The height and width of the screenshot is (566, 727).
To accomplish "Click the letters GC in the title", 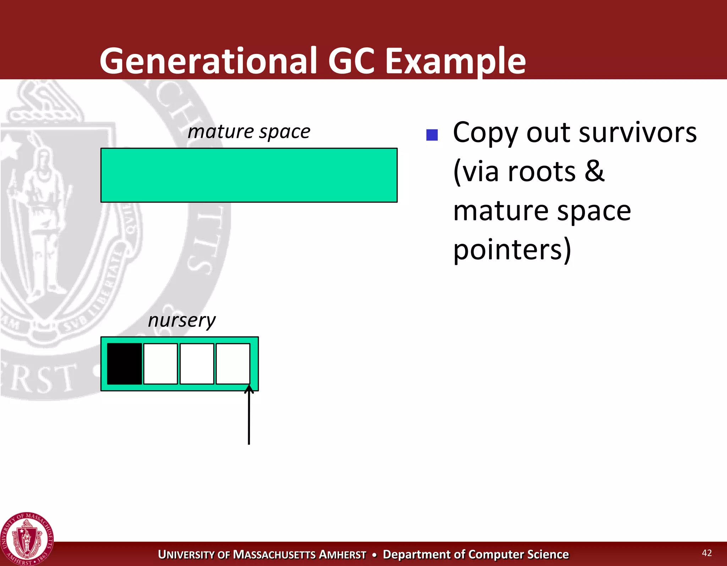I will coord(351,61).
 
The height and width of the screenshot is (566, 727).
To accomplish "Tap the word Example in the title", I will coord(455,61).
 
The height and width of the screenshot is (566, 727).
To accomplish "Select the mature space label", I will coord(249,132).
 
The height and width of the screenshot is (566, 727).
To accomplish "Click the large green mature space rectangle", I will coord(249,175).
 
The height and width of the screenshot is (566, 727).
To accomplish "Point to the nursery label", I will coord(181,320).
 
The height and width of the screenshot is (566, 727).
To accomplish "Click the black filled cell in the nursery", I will coord(124,363).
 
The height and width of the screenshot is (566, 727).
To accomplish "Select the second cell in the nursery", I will coord(160,363).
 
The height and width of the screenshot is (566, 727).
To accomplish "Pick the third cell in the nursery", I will coord(197,363).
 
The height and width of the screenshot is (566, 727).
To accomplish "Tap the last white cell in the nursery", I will coord(233,363).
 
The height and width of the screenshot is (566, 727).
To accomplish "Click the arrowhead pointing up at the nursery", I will coord(249,389).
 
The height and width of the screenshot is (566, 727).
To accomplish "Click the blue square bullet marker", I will coord(432,135).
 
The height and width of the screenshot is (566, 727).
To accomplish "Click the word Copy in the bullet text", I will coord(485,133).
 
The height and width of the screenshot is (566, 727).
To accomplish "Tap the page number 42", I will coord(707,553).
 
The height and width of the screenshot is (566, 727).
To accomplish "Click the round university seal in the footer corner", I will coord(27,539).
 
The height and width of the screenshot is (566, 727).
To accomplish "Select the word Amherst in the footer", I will coord(343,555).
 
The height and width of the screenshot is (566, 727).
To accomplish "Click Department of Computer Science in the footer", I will coord(476,554).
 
